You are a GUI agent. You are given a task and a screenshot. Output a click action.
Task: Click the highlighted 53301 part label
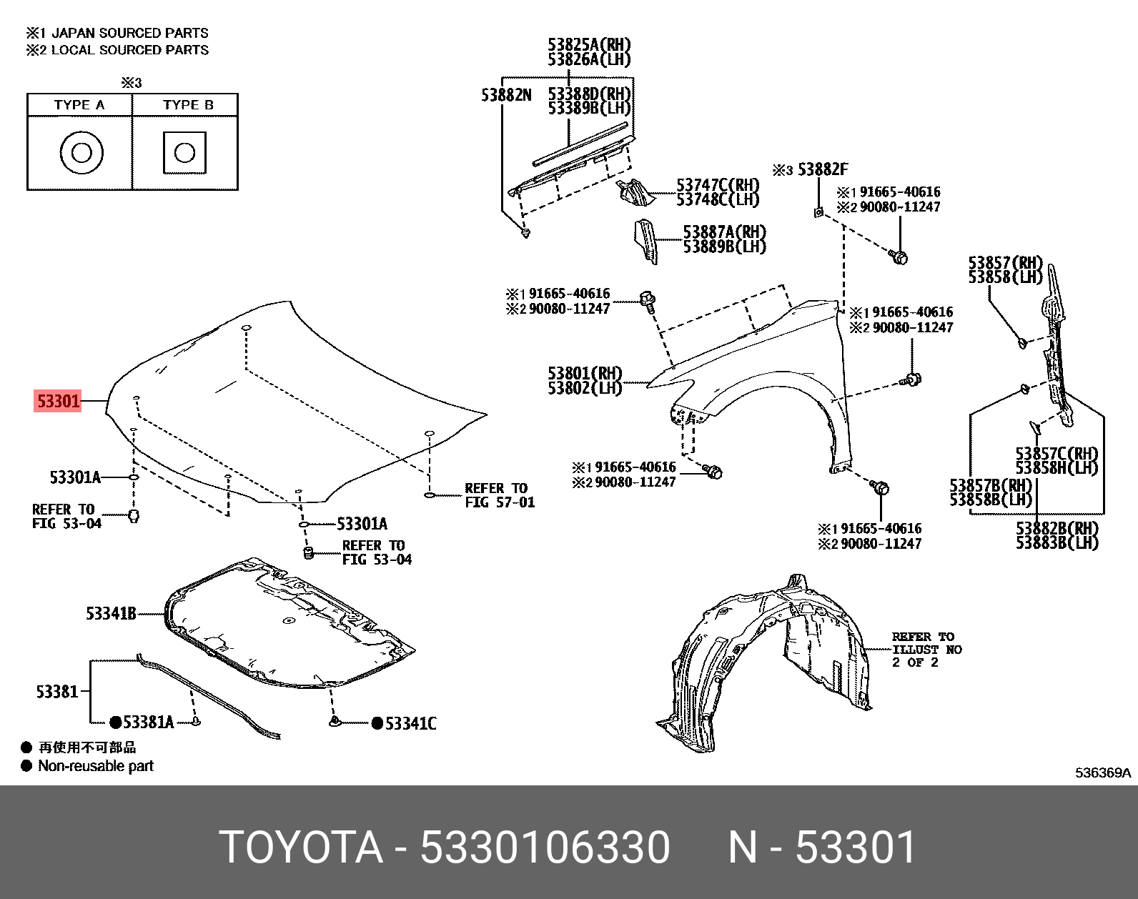pyautogui.click(x=58, y=401)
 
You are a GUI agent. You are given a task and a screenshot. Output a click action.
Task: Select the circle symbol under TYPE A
pyautogui.click(x=81, y=152)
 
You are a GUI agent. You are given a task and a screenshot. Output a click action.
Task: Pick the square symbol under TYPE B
pyautogui.click(x=184, y=152)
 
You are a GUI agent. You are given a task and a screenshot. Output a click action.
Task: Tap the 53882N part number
pyautogui.click(x=506, y=95)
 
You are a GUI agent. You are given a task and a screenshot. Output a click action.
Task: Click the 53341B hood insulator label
pyautogui.click(x=111, y=613)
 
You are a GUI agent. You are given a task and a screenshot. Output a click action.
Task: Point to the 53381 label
pyautogui.click(x=56, y=691)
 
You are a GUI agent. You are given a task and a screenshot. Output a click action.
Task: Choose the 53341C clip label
pyautogui.click(x=410, y=724)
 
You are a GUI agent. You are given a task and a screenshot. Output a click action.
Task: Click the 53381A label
pyautogui.click(x=148, y=722)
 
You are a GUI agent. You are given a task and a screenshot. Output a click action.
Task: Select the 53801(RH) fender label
pyautogui.click(x=585, y=373)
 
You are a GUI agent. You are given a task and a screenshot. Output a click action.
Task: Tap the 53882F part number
pyautogui.click(x=823, y=169)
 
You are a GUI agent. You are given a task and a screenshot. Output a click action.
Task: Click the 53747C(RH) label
pyautogui.click(x=718, y=186)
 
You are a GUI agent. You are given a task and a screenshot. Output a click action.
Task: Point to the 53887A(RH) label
pyautogui.click(x=724, y=232)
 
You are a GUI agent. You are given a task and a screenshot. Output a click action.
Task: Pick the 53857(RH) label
pyautogui.click(x=1005, y=263)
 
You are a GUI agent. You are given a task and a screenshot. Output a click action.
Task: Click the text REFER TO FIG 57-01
pyautogui.click(x=499, y=495)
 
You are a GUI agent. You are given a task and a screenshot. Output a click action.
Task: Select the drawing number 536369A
pyautogui.click(x=1103, y=773)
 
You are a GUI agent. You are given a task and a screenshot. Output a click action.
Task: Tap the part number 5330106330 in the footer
pyautogui.click(x=545, y=848)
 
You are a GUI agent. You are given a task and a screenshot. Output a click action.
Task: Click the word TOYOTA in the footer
pyautogui.click(x=300, y=848)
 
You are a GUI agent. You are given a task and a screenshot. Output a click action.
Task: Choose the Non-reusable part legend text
pyautogui.click(x=96, y=766)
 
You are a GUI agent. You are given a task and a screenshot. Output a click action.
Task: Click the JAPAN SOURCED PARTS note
pyautogui.click(x=129, y=33)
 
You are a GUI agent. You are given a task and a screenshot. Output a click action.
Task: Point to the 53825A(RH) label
pyautogui.click(x=589, y=45)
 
